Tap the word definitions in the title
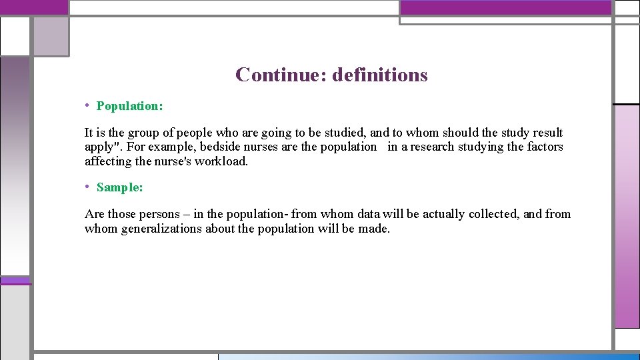(379, 75)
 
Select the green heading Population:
(130, 106)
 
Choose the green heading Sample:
(120, 187)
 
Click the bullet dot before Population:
(88, 105)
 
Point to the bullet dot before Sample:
(88, 187)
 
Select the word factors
(545, 147)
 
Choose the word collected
(494, 214)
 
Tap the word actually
(442, 214)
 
